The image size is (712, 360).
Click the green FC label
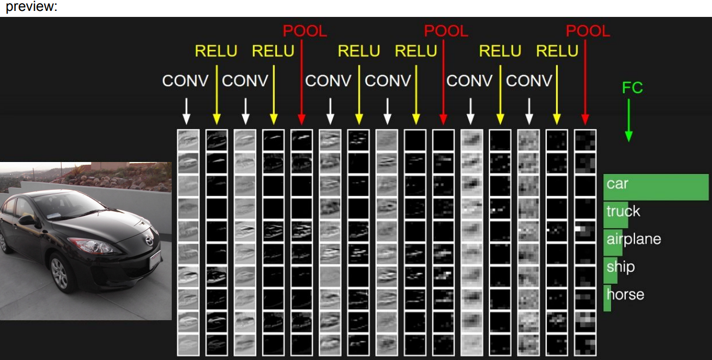click(632, 88)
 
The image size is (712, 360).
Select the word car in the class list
click(618, 184)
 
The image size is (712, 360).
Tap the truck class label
click(623, 212)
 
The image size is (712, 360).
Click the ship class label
click(620, 267)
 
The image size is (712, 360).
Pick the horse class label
click(625, 295)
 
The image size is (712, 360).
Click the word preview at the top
click(31, 8)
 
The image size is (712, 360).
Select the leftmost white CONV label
click(185, 81)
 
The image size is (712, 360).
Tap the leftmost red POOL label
click(305, 32)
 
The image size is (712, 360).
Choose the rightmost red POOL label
click(588, 32)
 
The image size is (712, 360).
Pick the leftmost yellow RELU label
click(216, 51)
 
